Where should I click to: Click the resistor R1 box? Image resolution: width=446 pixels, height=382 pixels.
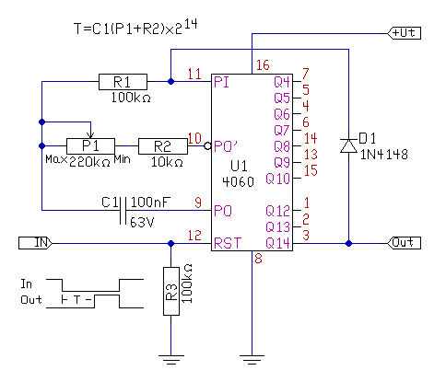123,82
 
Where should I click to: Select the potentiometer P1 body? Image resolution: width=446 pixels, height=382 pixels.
90,145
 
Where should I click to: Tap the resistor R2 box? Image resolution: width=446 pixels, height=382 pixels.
163,146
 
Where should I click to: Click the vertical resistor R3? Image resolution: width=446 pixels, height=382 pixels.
171,291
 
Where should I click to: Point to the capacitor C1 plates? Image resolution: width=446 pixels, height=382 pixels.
123,211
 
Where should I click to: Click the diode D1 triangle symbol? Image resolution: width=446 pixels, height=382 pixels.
348,145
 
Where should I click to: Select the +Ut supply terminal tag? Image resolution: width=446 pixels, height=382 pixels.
404,33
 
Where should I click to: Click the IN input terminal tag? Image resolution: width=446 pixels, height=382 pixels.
35,243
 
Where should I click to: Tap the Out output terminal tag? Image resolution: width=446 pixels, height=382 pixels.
404,243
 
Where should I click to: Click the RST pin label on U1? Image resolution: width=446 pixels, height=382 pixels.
228,243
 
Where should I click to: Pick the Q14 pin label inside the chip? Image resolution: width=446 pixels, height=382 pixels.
277,243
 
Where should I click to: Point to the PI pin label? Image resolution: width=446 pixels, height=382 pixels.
221,82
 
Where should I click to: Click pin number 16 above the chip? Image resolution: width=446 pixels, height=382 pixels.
263,65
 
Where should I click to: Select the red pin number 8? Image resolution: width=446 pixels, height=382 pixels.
258,259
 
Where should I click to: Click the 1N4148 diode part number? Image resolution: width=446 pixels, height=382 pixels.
384,155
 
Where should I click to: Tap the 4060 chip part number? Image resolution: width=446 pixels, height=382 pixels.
238,182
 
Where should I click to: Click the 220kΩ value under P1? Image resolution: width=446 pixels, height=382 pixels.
89,162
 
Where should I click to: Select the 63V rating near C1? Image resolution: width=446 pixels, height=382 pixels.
142,222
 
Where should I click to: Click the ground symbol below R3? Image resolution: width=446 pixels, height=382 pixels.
171,360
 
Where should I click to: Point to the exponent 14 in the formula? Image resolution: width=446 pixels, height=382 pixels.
191,24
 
